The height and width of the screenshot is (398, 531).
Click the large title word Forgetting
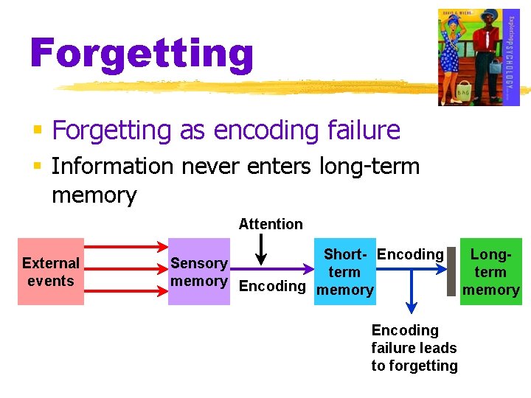[142, 54]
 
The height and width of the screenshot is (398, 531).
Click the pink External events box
[51, 271]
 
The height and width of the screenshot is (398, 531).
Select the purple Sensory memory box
[198, 271]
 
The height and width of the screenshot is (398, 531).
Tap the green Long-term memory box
[490, 271]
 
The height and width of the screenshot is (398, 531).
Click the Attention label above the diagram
[271, 224]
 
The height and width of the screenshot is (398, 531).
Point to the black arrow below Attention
[260, 250]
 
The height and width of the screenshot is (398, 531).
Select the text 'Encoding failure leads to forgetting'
[414, 348]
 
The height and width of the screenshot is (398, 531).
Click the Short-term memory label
[344, 272]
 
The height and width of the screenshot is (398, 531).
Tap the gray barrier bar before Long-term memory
[452, 271]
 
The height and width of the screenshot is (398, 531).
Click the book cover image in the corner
[479, 57]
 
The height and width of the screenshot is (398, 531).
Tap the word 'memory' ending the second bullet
[94, 195]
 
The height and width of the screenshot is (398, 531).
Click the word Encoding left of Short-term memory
[272, 286]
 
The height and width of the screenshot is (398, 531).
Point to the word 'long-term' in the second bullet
[369, 167]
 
